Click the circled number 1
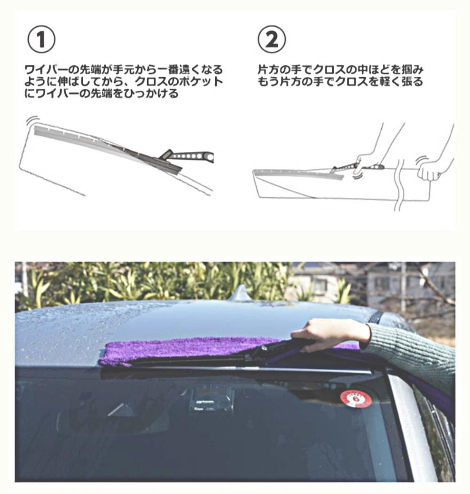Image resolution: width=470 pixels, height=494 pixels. pos(41,40)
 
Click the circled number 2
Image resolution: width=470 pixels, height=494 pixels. pos(272,40)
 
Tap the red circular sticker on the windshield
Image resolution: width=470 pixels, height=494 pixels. pos(356,399)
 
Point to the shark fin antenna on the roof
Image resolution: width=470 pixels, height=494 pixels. pos(243,293)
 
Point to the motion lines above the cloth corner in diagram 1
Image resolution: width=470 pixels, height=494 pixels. pos(33,120)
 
